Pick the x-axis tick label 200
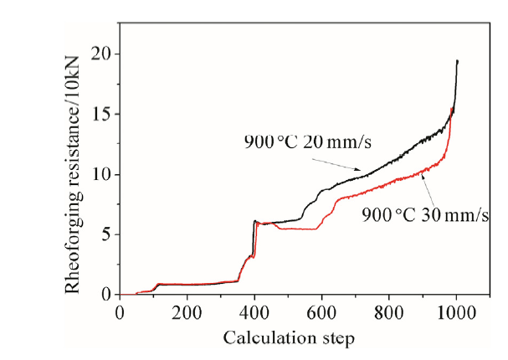pyautogui.click(x=187, y=311)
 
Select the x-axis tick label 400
pyautogui.click(x=254, y=311)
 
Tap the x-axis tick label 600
pyautogui.click(x=321, y=311)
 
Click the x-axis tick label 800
pyautogui.click(x=389, y=311)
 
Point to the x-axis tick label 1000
pyautogui.click(x=456, y=311)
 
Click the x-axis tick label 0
pyautogui.click(x=120, y=311)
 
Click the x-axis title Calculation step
pyautogui.click(x=288, y=337)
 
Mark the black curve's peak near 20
pyautogui.click(x=457, y=60)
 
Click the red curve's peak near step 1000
pyautogui.click(x=452, y=109)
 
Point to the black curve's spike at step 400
pyautogui.click(x=254, y=221)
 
